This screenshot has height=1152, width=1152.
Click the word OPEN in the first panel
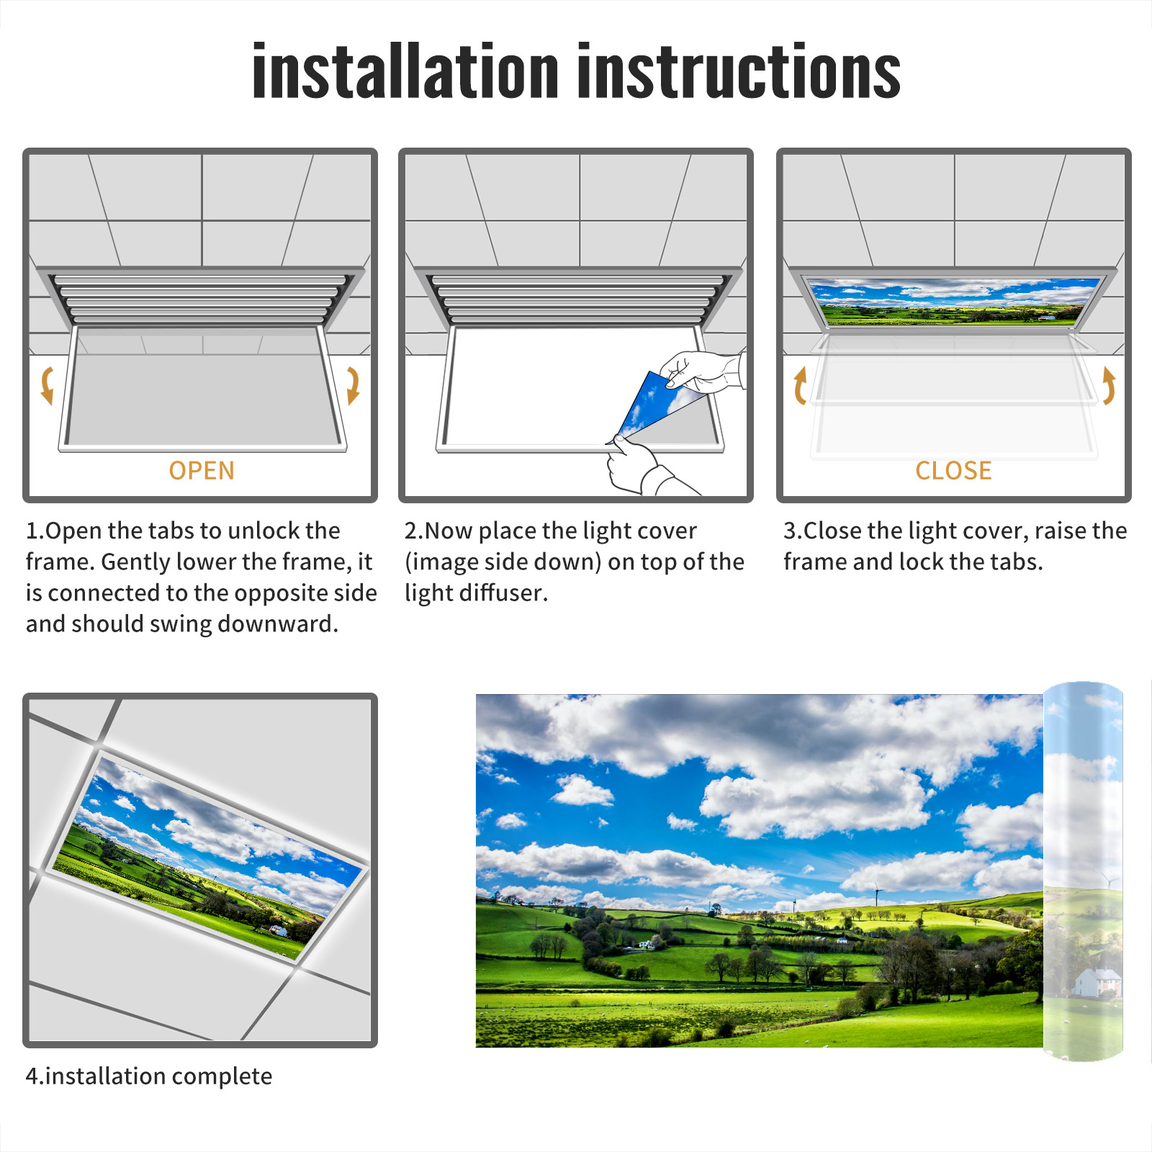pyautogui.click(x=202, y=470)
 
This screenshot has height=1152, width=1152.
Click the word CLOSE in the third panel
pyautogui.click(x=953, y=470)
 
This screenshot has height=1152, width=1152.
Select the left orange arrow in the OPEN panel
pyautogui.click(x=47, y=385)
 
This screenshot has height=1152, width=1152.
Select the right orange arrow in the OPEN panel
pyautogui.click(x=353, y=385)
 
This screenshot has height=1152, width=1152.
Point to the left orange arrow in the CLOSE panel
pyautogui.click(x=800, y=385)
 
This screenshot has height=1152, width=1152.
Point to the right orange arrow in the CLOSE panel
pyautogui.click(x=1109, y=385)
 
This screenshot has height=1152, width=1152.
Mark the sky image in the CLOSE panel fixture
pyautogui.click(x=953, y=301)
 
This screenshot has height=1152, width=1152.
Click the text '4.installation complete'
pyautogui.click(x=149, y=1076)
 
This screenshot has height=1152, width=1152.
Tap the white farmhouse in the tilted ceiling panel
pyautogui.click(x=277, y=930)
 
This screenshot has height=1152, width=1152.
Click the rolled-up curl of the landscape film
pyautogui.click(x=1083, y=871)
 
